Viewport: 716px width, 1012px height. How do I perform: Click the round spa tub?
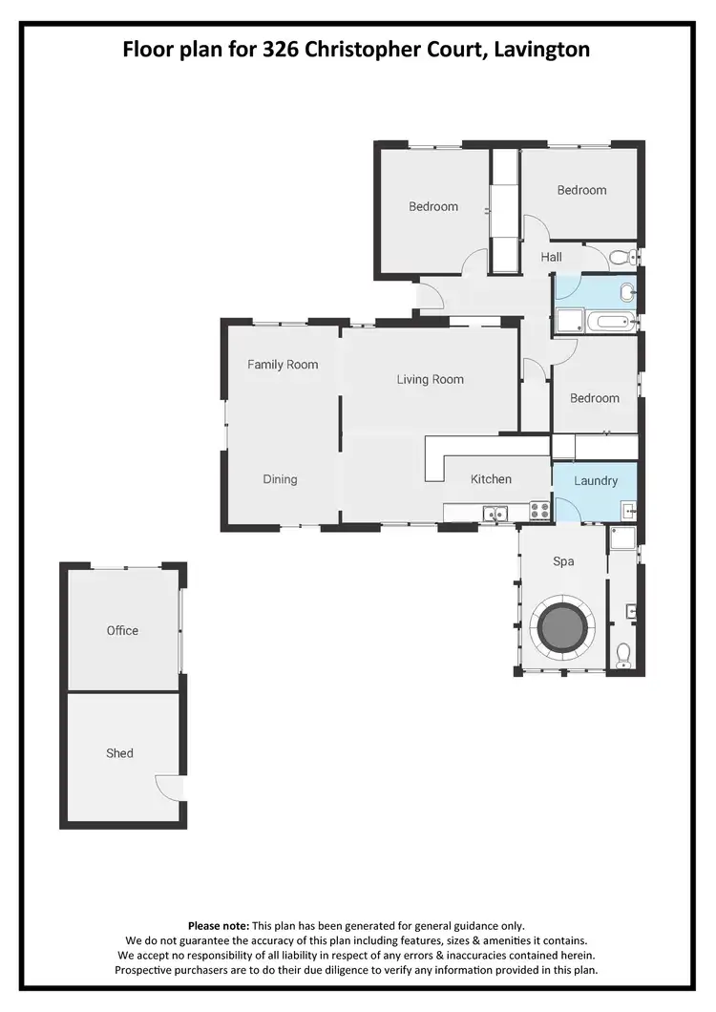[x=564, y=625]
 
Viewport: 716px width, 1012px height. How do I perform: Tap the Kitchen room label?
[x=491, y=479]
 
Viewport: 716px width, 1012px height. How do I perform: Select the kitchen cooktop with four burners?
[x=539, y=511]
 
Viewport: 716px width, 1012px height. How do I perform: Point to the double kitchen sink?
[x=495, y=513]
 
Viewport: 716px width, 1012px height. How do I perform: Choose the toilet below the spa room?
[x=623, y=653]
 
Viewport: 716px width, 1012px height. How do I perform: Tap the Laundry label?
[x=596, y=481]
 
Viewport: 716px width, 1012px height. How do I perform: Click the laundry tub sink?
[x=627, y=508]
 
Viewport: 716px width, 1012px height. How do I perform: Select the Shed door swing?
[x=168, y=787]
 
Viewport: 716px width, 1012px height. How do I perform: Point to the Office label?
[x=122, y=630]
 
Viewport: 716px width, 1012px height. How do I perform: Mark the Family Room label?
[x=283, y=365]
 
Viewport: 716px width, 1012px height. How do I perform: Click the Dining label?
[x=280, y=479]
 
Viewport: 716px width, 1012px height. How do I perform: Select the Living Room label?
[x=430, y=379]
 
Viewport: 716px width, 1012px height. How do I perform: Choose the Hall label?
[x=551, y=257]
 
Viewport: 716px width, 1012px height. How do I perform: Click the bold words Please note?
[x=218, y=926]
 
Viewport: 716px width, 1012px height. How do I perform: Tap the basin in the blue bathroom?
[x=627, y=292]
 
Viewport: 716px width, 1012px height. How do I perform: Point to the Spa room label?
[x=563, y=561]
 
